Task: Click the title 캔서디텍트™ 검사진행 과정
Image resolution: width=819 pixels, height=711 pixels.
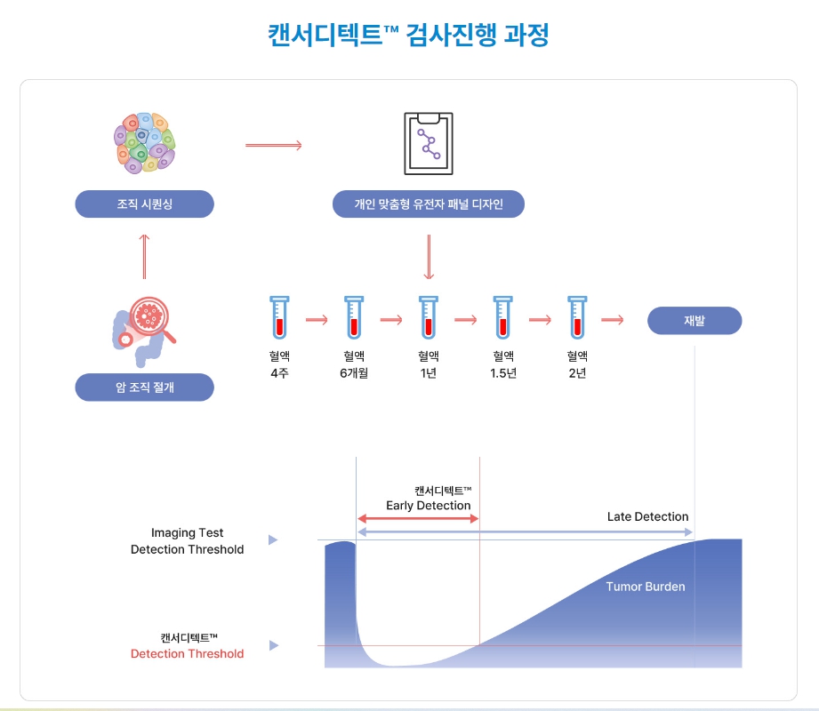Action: pos(409,35)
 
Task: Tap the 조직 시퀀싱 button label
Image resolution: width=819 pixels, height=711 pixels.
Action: pos(144,204)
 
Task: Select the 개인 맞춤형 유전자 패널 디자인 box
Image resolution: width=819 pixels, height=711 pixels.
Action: pos(429,204)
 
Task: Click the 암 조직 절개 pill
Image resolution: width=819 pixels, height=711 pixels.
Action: pos(144,387)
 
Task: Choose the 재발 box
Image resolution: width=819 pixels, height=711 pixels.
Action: pos(694,321)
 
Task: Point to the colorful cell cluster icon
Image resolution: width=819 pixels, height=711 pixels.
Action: pos(144,142)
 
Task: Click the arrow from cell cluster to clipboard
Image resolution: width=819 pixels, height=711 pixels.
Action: pos(274,144)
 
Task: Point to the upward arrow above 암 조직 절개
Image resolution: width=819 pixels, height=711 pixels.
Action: pos(144,252)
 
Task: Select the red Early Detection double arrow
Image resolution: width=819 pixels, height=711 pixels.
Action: pos(418,518)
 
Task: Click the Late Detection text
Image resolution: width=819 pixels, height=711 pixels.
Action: pos(647,516)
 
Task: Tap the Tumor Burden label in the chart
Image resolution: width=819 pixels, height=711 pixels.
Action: pos(646,587)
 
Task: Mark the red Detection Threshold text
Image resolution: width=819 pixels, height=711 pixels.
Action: pos(187,654)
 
